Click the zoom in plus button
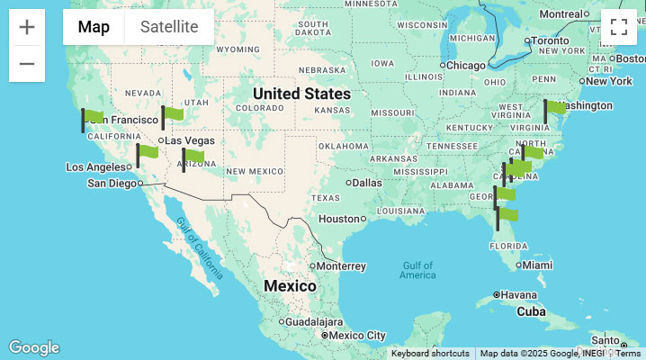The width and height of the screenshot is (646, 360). click(27, 27)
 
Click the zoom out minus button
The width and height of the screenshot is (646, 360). click(27, 64)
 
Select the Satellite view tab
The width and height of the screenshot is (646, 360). click(169, 27)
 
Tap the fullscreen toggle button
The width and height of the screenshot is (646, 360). click(619, 27)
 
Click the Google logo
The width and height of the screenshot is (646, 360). click(34, 347)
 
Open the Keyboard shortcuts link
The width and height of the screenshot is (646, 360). click(430, 354)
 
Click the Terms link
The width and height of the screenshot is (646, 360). click(628, 354)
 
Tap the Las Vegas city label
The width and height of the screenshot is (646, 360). click(190, 140)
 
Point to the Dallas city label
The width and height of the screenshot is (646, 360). click(367, 182)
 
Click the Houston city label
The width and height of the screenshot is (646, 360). click(339, 219)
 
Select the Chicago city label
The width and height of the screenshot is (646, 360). click(466, 65)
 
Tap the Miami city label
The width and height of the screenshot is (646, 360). click(537, 265)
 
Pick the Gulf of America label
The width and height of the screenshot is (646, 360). click(418, 269)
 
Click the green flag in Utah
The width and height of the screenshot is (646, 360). click(172, 114)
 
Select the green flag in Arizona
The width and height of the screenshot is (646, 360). click(193, 157)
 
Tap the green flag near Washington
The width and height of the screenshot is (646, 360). click(554, 108)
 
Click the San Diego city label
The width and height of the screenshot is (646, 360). click(113, 183)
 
